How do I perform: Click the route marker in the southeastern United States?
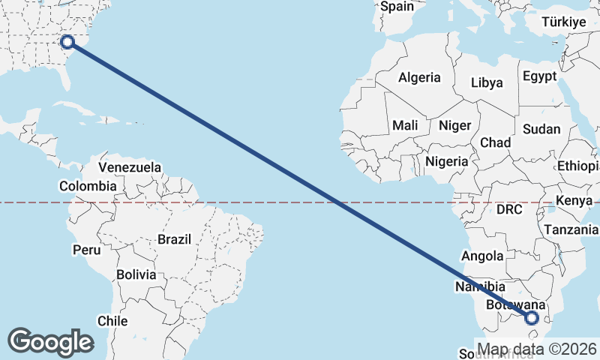pos(67,42)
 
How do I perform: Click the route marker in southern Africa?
pos(532,318)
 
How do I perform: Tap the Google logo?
pos(50,342)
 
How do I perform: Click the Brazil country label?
pos(174,239)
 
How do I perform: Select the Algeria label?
pos(419,77)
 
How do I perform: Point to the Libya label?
pos(487,83)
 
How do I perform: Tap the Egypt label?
pos(540,76)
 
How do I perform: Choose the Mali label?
pos(405,125)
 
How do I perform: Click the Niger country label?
pos(454,125)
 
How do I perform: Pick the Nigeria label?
pos(447,160)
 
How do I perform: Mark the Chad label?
pos(495,142)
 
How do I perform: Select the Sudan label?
pos(541,129)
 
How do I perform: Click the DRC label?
pos(509,209)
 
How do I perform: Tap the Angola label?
pos(482,256)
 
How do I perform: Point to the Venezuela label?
pos(130,166)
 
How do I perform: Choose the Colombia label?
pos(88,186)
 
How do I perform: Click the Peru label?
pos(86,248)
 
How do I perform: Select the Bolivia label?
pos(136,274)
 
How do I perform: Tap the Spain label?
pos(397,7)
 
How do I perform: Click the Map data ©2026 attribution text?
pos(537,349)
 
